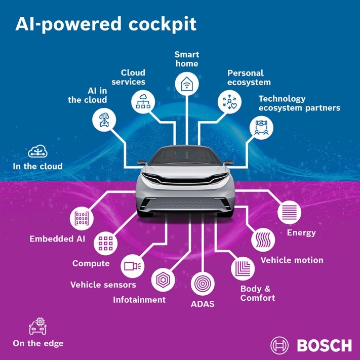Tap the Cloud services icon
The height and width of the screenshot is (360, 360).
[x=143, y=101]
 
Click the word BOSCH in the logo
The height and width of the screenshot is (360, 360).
[x=324, y=345]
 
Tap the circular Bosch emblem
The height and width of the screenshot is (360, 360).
[x=279, y=345]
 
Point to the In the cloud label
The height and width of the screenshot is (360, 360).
[x=38, y=166]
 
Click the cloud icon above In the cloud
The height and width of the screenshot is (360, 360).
[x=38, y=151]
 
